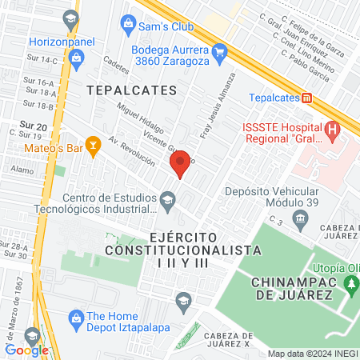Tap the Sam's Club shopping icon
point(128,26)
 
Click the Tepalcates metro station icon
point(306,98)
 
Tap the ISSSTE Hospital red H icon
point(332,129)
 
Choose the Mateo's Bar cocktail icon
point(94,144)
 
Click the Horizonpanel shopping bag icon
point(76,57)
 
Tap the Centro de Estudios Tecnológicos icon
point(167,199)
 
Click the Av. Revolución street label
point(132,151)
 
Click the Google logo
point(26,350)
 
